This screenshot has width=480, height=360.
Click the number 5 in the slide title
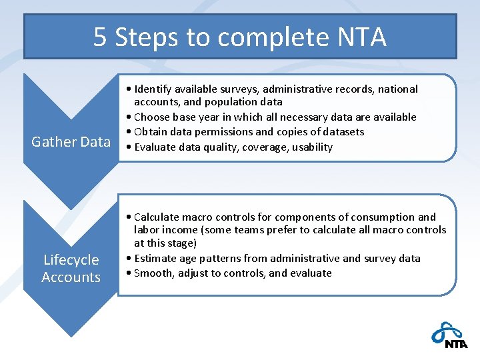(x=100, y=37)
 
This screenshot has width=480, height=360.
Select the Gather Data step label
(x=71, y=141)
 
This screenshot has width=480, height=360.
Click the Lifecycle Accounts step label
(x=71, y=268)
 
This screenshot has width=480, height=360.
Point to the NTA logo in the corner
(x=449, y=335)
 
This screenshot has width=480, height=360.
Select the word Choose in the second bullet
(x=151, y=117)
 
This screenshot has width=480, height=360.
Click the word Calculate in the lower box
(x=157, y=217)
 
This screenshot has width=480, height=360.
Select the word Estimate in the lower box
(x=155, y=259)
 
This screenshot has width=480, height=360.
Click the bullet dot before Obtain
(x=129, y=132)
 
